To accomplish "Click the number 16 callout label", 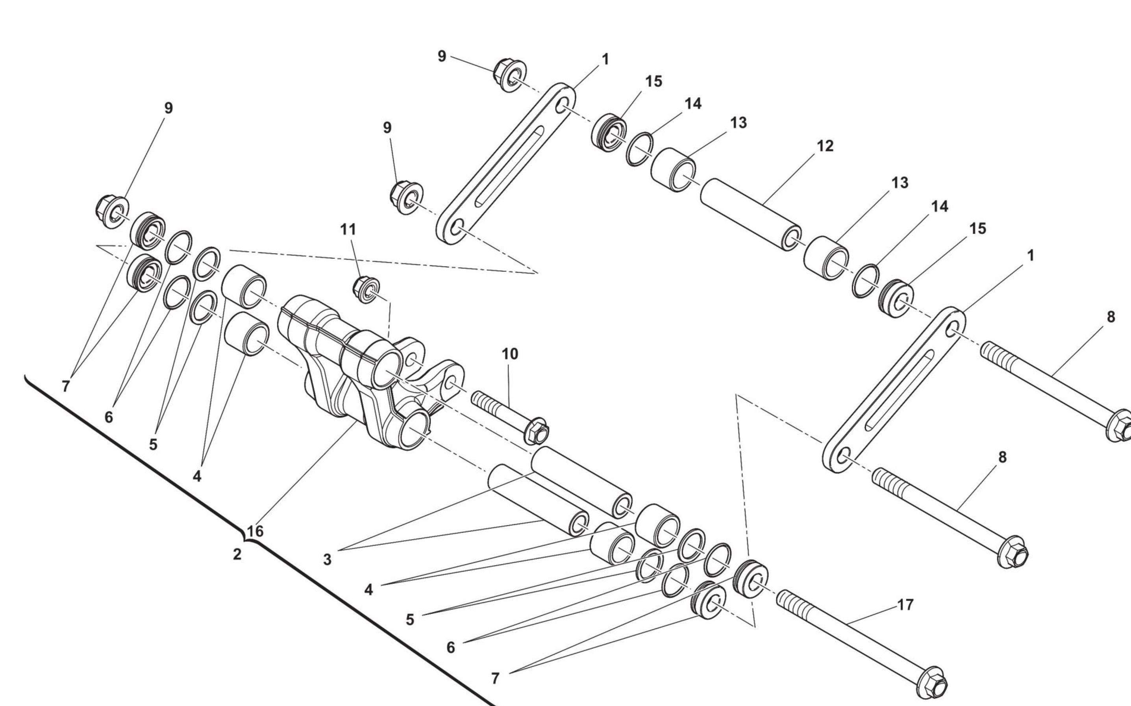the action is [x=255, y=531].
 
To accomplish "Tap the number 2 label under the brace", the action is [x=237, y=554].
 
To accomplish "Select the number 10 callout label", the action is [x=510, y=354].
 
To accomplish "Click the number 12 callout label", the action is [x=825, y=146].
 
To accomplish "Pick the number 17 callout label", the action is [x=905, y=605].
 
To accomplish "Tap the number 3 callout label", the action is [x=327, y=560].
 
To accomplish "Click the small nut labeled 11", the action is [x=367, y=289].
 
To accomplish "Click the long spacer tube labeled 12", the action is [x=751, y=214].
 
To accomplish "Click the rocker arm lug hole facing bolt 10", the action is [x=451, y=384].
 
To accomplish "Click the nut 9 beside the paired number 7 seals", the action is [x=113, y=213].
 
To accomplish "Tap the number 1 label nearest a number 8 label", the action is [x=1031, y=256].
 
